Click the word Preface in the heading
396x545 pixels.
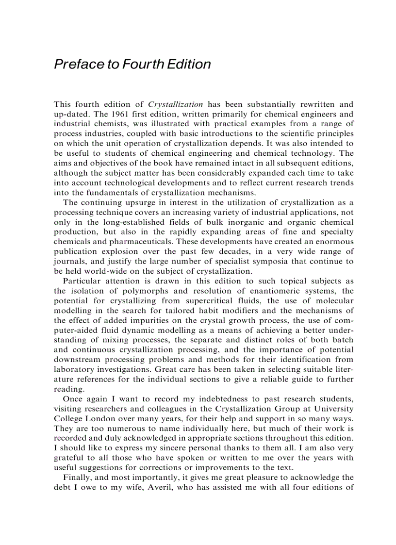pos(77,65)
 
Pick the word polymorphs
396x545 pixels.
pos(143,291)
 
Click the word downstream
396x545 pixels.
pos(77,360)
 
